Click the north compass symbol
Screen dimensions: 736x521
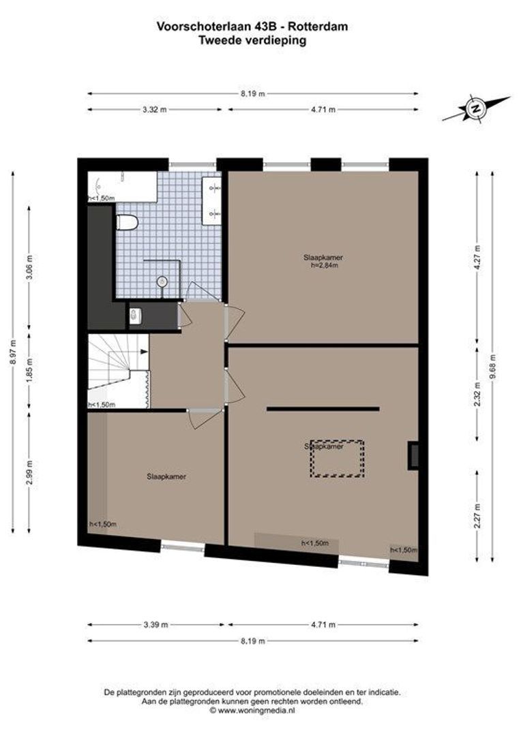[x=475, y=108]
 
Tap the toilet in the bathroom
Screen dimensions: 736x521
[x=127, y=221]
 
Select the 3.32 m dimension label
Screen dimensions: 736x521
[x=155, y=110]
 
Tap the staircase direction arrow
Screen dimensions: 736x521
[x=143, y=352]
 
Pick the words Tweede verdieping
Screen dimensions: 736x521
[x=252, y=40]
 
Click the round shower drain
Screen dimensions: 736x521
[x=162, y=280]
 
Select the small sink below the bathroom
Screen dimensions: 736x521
[x=134, y=314]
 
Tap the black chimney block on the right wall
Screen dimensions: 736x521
[x=413, y=455]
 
